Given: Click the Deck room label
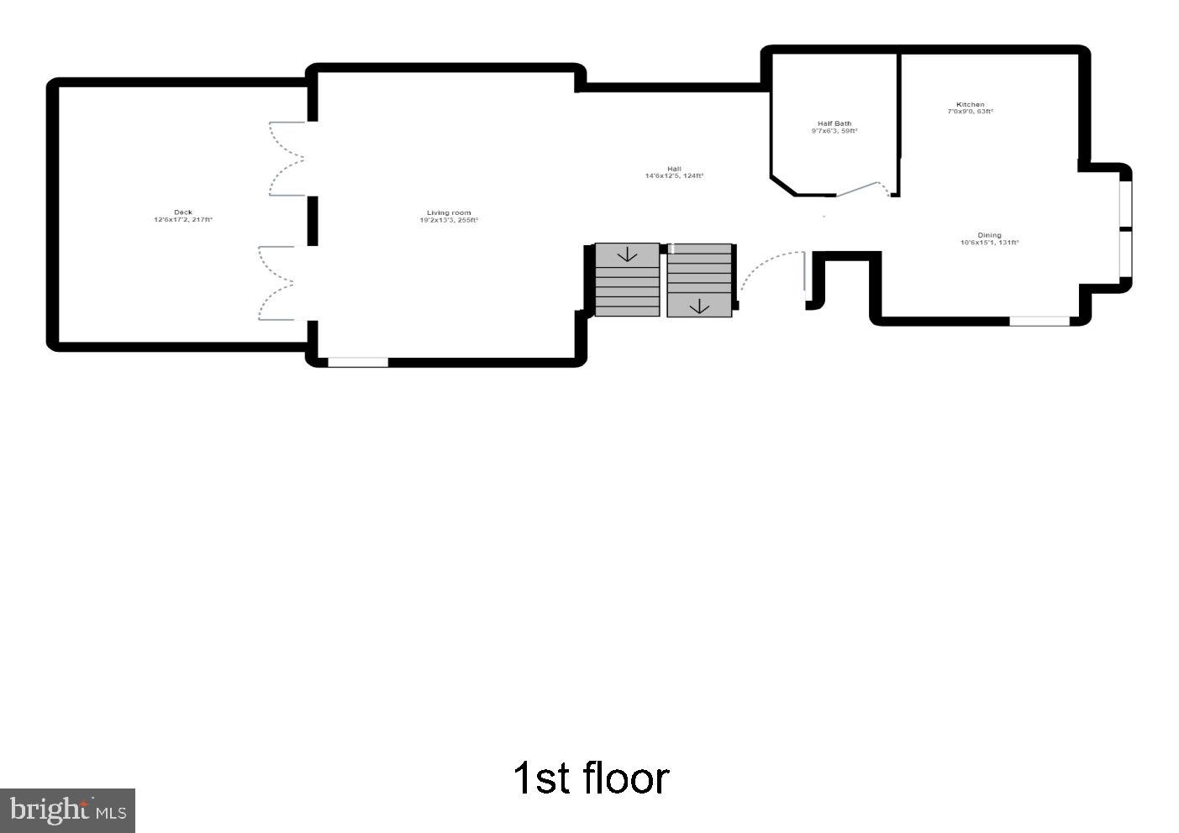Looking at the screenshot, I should point(182,216).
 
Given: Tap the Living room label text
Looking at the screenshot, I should point(449,217).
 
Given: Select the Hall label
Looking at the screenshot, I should point(674,172).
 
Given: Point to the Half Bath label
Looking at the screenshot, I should point(834,127).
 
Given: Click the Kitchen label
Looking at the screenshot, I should point(970,107).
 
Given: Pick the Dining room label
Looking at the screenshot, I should point(989,238).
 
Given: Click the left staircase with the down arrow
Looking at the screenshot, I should point(627,280).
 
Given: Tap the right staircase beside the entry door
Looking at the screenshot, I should point(699,280).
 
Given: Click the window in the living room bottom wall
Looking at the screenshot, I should point(358,362).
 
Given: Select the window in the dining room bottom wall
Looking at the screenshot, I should point(1039,321).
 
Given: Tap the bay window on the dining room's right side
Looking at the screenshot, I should point(1125,228).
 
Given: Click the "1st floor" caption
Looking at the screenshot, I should point(591,778).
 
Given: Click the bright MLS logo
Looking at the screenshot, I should point(67,810).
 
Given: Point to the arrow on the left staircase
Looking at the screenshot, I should point(627,254).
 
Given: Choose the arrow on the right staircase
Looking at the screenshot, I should point(699,306).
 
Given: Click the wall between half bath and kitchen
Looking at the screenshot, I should point(898,118).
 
